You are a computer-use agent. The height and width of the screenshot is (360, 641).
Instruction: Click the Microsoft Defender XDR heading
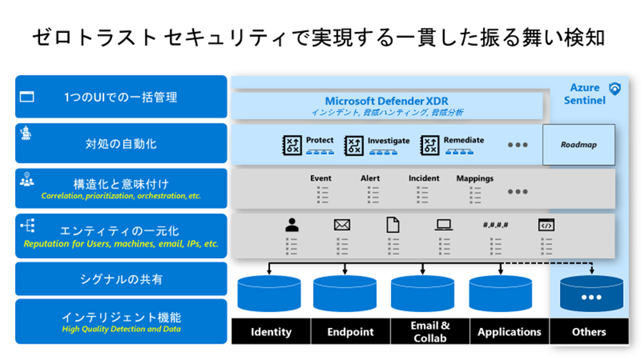[387, 101]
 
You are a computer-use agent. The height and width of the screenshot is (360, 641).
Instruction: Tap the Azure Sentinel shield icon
[615, 89]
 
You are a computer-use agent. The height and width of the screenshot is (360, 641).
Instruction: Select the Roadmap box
[578, 145]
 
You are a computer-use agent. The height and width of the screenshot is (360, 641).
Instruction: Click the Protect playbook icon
[292, 146]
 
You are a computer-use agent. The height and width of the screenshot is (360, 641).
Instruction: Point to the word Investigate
[388, 141]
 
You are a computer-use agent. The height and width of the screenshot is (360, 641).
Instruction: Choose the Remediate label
[464, 140]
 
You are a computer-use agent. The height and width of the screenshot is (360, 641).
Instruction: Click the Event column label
[320, 178]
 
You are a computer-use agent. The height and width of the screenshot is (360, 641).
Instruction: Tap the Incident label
[424, 178]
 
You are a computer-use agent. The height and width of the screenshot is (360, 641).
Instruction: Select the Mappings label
[474, 179]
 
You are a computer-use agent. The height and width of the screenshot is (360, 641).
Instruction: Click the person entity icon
[292, 225]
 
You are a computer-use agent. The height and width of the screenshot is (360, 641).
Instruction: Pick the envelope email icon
[342, 225]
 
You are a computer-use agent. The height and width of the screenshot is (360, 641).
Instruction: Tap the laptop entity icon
[444, 225]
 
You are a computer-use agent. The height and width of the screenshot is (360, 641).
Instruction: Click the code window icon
[546, 225]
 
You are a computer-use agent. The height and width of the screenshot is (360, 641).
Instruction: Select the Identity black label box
[271, 331]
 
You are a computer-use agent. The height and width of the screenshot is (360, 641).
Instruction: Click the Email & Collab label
[430, 331]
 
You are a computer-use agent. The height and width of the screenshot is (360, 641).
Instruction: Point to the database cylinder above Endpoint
[344, 294]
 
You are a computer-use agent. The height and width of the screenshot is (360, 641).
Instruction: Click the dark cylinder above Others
[592, 294]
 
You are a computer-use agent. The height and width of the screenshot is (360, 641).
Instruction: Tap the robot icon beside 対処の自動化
[26, 133]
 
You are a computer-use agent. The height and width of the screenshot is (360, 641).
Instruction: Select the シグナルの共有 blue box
[121, 279]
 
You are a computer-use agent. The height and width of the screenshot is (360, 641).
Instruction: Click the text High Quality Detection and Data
[121, 329]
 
